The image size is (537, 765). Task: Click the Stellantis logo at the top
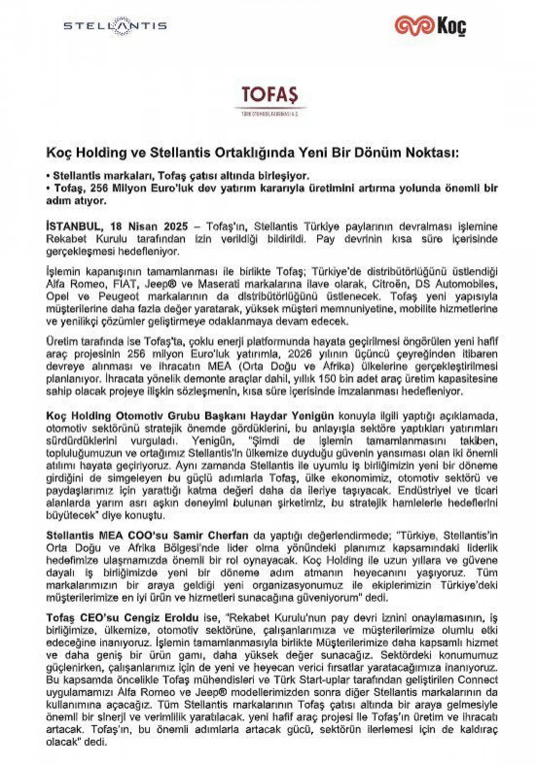pyautogui.click(x=115, y=26)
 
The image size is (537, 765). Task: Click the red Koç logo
pyautogui.click(x=430, y=26)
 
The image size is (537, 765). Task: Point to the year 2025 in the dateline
pyautogui.click(x=176, y=227)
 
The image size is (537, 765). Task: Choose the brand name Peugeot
pyautogui.click(x=119, y=297)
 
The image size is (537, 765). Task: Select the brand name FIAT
pyautogui.click(x=125, y=284)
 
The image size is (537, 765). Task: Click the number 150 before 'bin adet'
pyautogui.click(x=327, y=379)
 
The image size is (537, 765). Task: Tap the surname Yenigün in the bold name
pyautogui.click(x=313, y=416)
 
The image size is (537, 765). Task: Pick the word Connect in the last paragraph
pyautogui.click(x=478, y=680)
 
